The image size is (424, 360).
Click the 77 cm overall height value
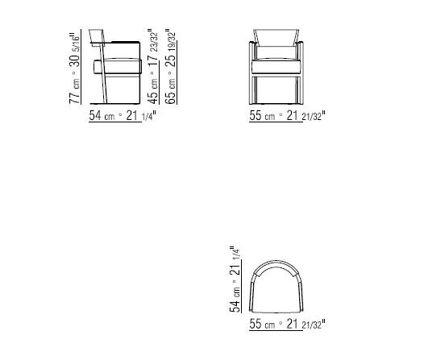point(75,91)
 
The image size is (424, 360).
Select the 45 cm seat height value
point(153,91)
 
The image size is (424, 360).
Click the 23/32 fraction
point(154,42)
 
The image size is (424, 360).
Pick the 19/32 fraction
point(172,42)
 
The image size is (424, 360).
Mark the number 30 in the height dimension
point(75,60)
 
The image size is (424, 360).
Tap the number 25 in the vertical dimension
point(171,60)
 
